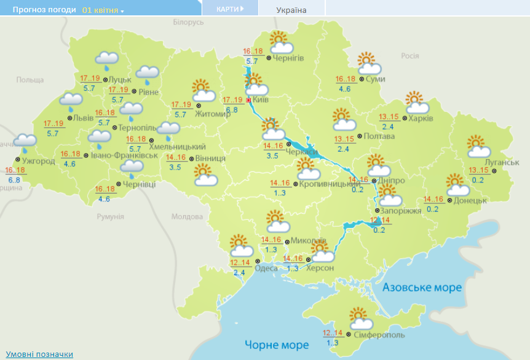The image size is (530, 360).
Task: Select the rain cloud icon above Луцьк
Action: point(106,60)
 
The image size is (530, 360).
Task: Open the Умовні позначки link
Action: point(39,354)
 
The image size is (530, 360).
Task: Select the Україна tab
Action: point(291,10)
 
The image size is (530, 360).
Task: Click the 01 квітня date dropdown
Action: point(103,10)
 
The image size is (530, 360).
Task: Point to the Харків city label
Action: point(421,118)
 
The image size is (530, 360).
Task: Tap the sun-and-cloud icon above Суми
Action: point(370,65)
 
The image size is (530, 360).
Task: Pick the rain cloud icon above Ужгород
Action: point(25,143)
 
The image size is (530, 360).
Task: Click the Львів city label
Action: point(83,118)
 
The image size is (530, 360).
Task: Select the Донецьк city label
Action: point(471,200)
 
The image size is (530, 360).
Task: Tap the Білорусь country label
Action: point(188,22)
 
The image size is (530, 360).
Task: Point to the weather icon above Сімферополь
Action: point(360,319)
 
